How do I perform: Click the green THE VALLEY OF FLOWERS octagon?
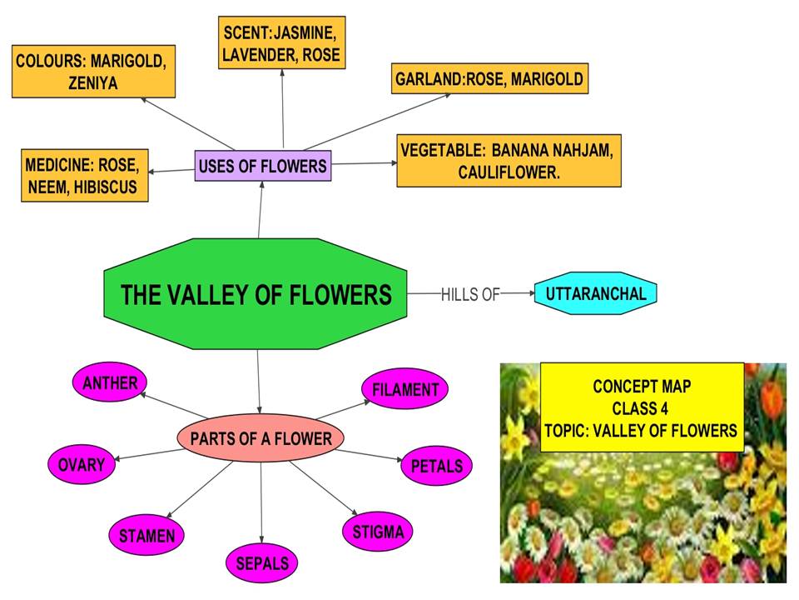click(x=256, y=295)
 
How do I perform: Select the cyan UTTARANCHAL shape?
click(x=596, y=293)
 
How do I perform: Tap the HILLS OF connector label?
click(x=469, y=294)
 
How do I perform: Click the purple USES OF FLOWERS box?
click(x=262, y=166)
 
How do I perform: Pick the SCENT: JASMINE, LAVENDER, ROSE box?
click(x=283, y=44)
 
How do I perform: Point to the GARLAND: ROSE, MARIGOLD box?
click(x=489, y=80)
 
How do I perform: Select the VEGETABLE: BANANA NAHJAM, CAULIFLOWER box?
click(x=509, y=161)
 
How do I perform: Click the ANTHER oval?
click(x=110, y=383)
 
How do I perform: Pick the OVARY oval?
click(x=82, y=464)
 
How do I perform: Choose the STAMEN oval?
click(x=146, y=535)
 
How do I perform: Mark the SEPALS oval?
click(x=261, y=563)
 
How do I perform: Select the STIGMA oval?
click(x=378, y=531)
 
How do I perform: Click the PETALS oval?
click(x=436, y=466)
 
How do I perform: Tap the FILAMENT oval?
click(x=405, y=389)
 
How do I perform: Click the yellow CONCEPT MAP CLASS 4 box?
click(x=642, y=407)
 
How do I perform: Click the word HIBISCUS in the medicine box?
click(x=107, y=187)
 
